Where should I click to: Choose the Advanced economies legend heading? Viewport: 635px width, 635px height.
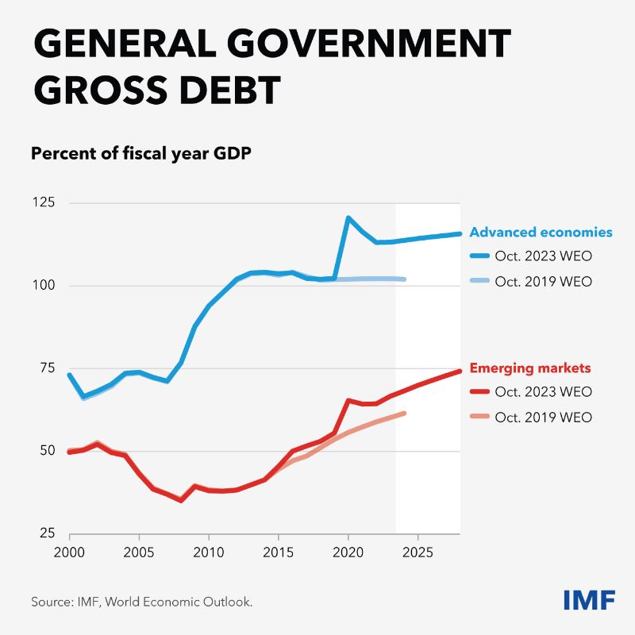tap(541, 233)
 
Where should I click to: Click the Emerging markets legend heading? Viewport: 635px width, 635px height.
tap(530, 368)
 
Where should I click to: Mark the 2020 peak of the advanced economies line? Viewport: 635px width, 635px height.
tap(348, 217)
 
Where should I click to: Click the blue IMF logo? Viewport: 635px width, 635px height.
tap(588, 600)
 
